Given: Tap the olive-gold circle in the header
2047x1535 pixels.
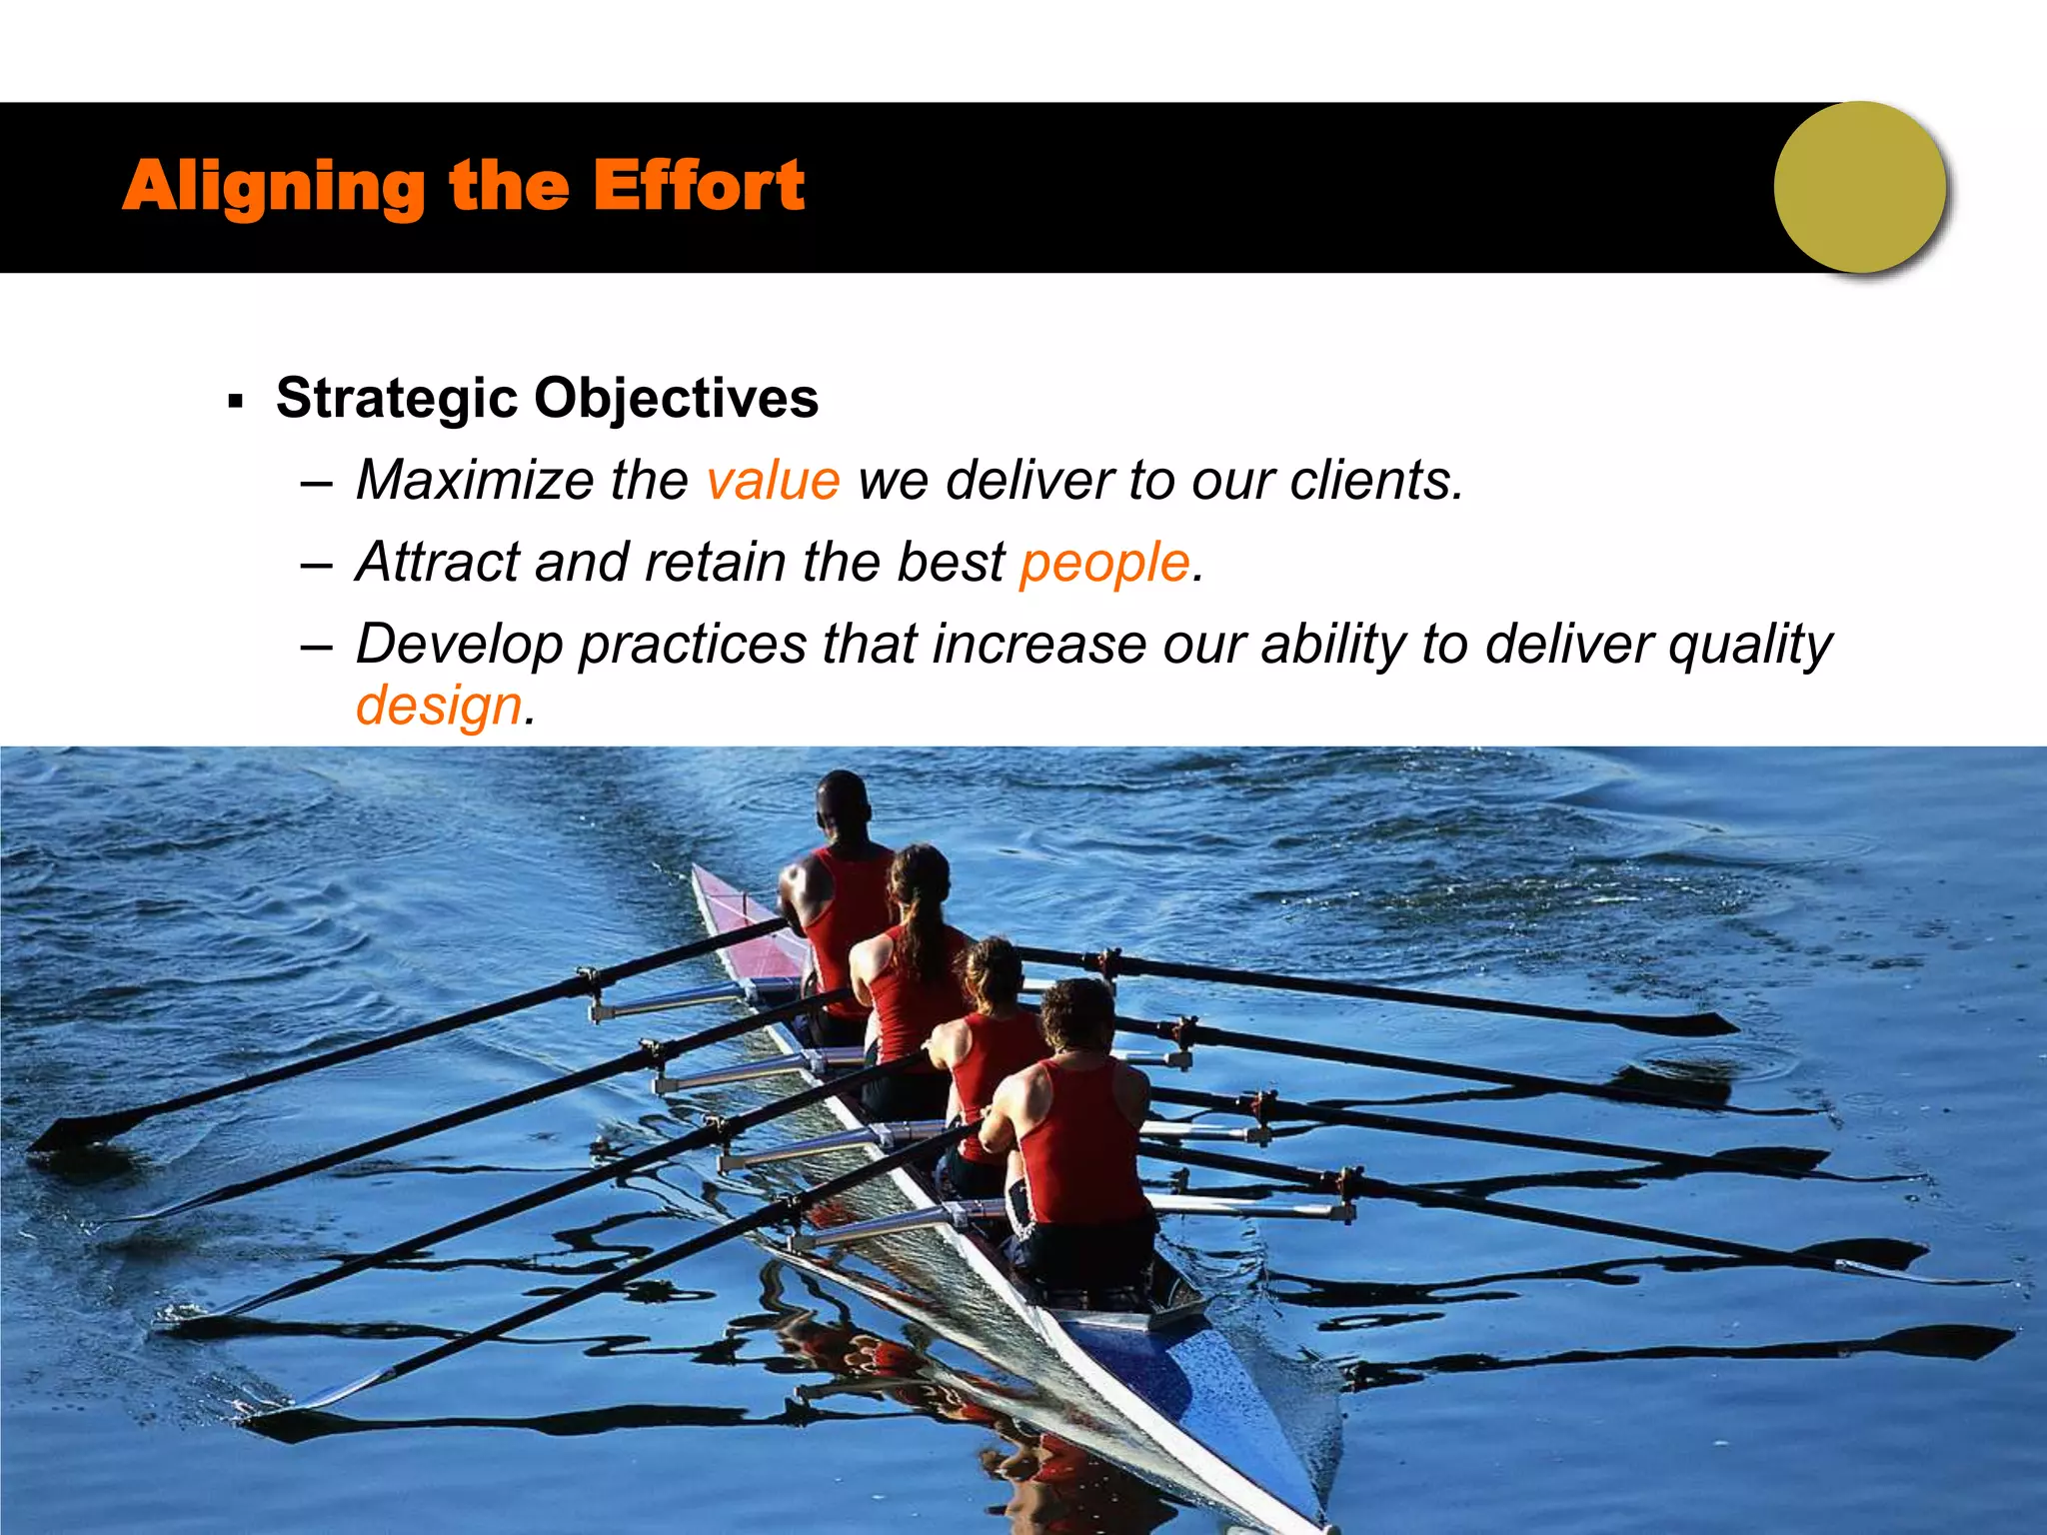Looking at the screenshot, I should pyautogui.click(x=1859, y=187).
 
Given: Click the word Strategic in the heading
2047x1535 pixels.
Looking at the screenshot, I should pyautogui.click(x=396, y=399).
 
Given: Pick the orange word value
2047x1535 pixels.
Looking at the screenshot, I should pyautogui.click(x=773, y=481).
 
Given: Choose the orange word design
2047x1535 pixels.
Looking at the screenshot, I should pyautogui.click(x=439, y=707).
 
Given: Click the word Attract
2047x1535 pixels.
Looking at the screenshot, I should pyautogui.click(x=437, y=562).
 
